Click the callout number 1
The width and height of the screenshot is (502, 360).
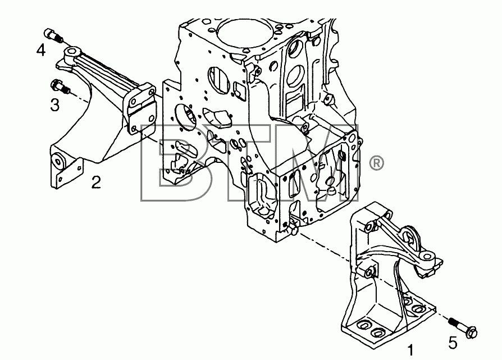pyautogui.click(x=410, y=350)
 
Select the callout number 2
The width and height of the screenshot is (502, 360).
pyautogui.click(x=96, y=182)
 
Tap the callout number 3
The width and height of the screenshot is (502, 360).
pyautogui.click(x=54, y=104)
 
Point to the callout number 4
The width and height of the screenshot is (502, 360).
pyautogui.click(x=40, y=50)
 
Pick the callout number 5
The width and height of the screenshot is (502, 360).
pyautogui.click(x=453, y=343)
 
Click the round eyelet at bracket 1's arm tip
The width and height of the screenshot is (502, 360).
pyautogui.click(x=427, y=256)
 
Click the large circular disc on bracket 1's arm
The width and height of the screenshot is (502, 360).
pyautogui.click(x=410, y=236)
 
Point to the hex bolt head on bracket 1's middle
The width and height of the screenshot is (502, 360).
pyautogui.click(x=370, y=272)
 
